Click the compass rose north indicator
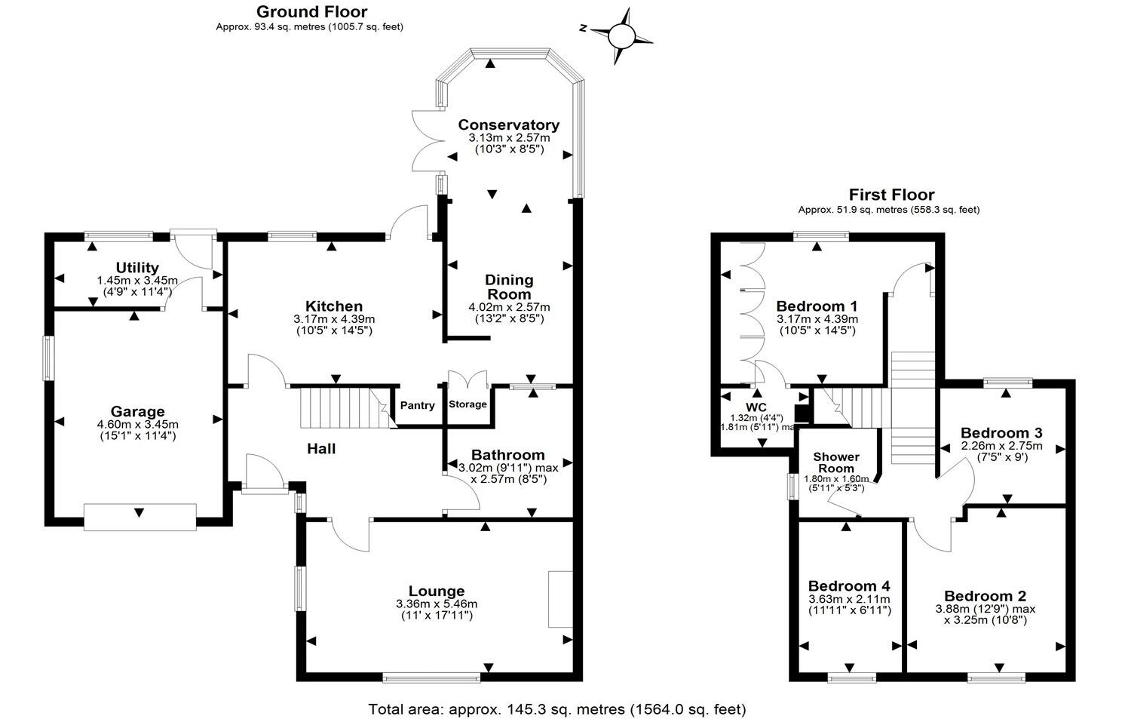click(x=622, y=35)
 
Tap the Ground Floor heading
click(x=311, y=11)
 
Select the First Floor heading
click(x=891, y=195)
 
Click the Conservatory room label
click(x=508, y=124)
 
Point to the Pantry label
click(x=417, y=406)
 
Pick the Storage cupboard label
click(x=467, y=404)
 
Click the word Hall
click(x=321, y=449)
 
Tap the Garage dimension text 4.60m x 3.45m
click(x=137, y=424)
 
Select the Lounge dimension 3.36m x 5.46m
click(x=436, y=604)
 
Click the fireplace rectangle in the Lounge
click(x=559, y=599)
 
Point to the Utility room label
click(x=137, y=268)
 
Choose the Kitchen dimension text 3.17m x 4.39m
click(x=334, y=319)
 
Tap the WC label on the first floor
click(x=756, y=407)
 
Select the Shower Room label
click(x=835, y=462)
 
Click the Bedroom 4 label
click(x=849, y=586)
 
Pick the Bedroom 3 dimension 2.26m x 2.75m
click(x=1001, y=446)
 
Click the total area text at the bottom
click(x=556, y=709)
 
